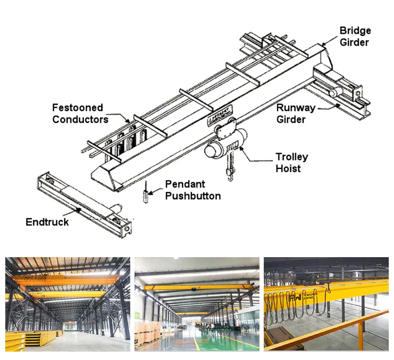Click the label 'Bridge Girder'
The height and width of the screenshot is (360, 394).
[x=355, y=36]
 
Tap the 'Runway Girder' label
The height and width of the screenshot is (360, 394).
[x=296, y=114]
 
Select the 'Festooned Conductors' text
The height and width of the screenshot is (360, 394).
[x=80, y=113]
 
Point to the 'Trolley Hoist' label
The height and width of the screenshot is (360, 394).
[x=292, y=163]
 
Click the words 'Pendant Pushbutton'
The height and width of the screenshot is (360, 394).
[x=193, y=190]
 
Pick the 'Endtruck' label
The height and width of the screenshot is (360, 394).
[x=47, y=222]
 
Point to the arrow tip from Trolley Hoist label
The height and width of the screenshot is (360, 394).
[x=241, y=149]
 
